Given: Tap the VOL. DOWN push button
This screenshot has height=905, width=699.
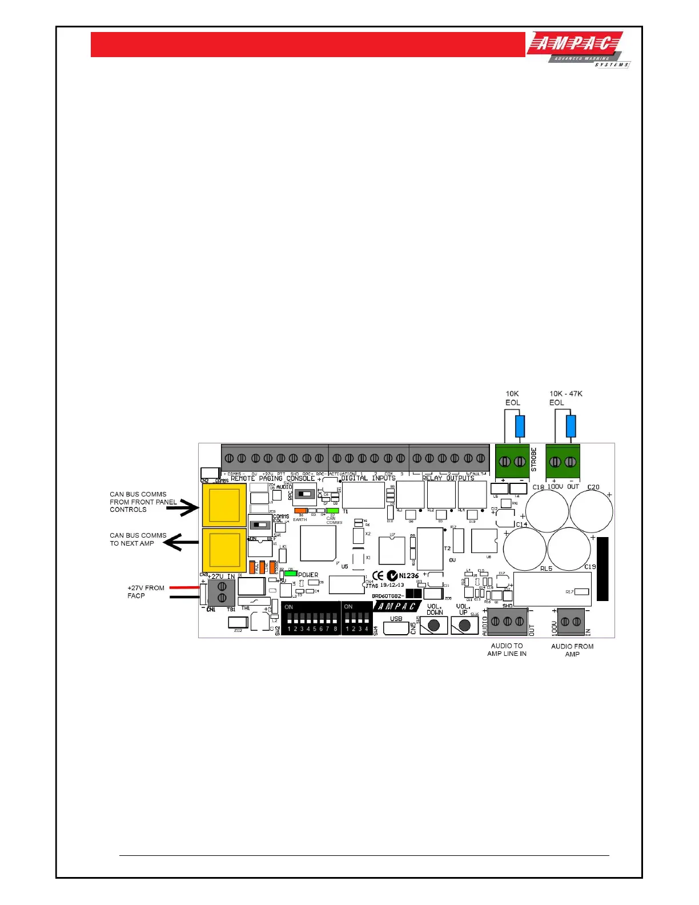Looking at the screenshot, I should [434, 625].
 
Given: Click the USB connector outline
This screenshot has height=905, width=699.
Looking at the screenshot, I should [396, 627].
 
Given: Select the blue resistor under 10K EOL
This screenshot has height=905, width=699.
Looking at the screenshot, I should [520, 426].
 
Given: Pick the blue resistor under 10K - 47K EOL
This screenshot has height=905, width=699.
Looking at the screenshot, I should [571, 426].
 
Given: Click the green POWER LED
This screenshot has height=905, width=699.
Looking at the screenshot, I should [291, 574].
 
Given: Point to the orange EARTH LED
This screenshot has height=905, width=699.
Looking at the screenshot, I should [300, 511].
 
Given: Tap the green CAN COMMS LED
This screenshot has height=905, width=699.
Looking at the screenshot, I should [332, 511].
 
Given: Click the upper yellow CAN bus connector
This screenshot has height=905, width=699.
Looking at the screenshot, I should [224, 505].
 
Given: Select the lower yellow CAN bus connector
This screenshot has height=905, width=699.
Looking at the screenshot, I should [224, 550].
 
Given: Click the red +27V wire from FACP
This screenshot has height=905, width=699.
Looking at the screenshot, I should [183, 587].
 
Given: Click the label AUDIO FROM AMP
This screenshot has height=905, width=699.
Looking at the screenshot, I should [572, 650].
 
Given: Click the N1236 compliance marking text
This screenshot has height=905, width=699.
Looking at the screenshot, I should [409, 576].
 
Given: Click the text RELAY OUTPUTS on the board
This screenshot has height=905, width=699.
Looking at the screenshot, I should [448, 478].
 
